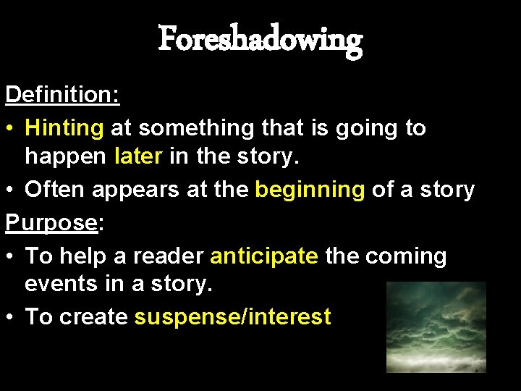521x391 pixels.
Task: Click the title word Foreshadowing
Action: pyautogui.click(x=260, y=39)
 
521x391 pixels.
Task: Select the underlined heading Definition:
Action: pyautogui.click(x=62, y=95)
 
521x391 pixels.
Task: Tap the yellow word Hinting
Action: pyautogui.click(x=64, y=128)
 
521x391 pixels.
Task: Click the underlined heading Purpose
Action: pyautogui.click(x=51, y=223)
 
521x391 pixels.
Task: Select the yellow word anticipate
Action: pyautogui.click(x=263, y=256)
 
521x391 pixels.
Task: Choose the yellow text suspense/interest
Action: pyautogui.click(x=232, y=316)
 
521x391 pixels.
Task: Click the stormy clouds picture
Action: pyautogui.click(x=436, y=327)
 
